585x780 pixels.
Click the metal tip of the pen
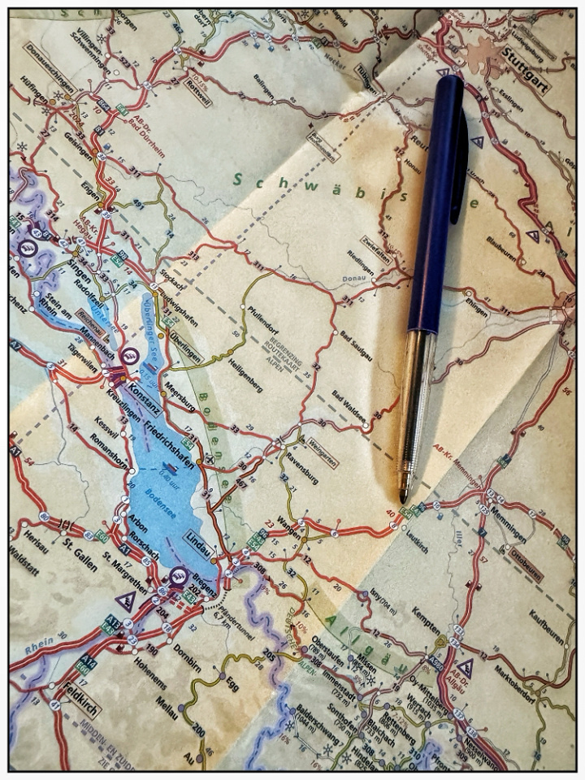[403, 495]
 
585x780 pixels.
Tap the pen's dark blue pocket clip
[460, 162]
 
